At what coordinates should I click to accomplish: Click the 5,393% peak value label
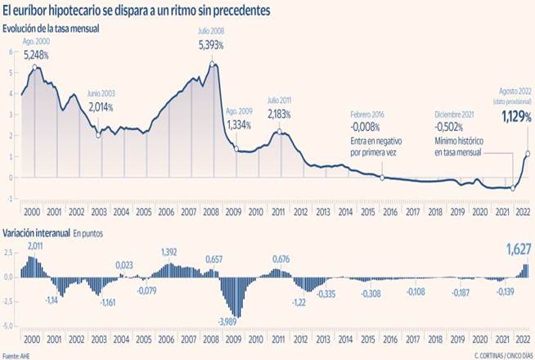pos(213,46)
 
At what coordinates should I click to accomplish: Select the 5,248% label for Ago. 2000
pos(36,56)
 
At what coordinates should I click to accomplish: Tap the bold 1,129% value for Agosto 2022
pos(515,118)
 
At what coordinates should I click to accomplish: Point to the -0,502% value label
pos(450,128)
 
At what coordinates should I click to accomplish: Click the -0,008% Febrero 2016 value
pos(366,128)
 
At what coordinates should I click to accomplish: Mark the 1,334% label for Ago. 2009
pos(237,125)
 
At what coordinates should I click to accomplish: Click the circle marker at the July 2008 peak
pos(213,65)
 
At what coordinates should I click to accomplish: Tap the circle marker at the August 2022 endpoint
pos(527,153)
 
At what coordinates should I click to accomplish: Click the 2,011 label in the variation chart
pos(36,247)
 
